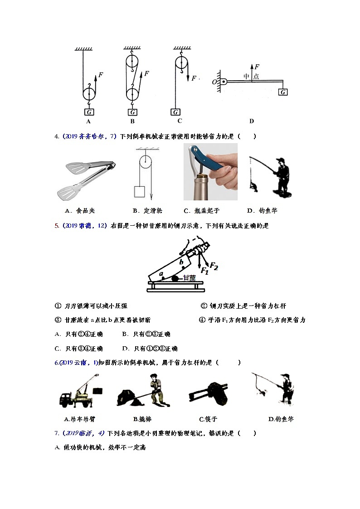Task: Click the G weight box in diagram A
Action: (x=89, y=112)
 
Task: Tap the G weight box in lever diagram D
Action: (x=283, y=92)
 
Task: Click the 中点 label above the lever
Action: (x=251, y=76)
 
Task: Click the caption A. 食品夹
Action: (x=80, y=210)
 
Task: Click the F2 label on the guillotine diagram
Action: (x=213, y=267)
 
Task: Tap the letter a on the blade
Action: (x=161, y=273)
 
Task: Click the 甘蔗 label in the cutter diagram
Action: (x=189, y=279)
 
